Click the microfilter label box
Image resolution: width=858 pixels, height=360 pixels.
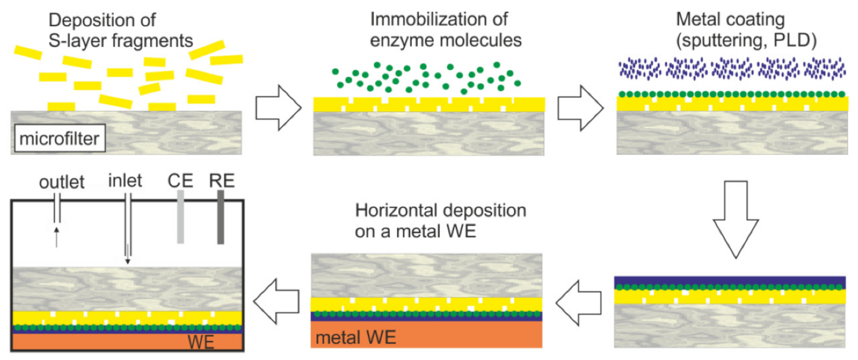pos(59,139)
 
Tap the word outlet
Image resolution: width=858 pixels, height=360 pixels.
pos(62,182)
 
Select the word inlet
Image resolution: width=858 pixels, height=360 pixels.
pos(125,180)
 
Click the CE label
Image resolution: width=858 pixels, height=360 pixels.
pos(180,180)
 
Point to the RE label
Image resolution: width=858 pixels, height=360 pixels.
pos(222,180)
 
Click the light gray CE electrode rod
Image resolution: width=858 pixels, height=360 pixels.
pos(180,217)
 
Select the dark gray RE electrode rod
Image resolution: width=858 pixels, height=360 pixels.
pos(220,217)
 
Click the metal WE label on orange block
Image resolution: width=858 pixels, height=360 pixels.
pos(356,338)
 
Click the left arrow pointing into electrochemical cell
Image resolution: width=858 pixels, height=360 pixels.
pos(276,301)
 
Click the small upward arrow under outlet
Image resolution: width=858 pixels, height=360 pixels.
pos(56,237)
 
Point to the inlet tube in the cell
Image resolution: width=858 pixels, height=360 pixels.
pos(128,229)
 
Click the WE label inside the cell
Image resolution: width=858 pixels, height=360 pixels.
pos(201,342)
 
